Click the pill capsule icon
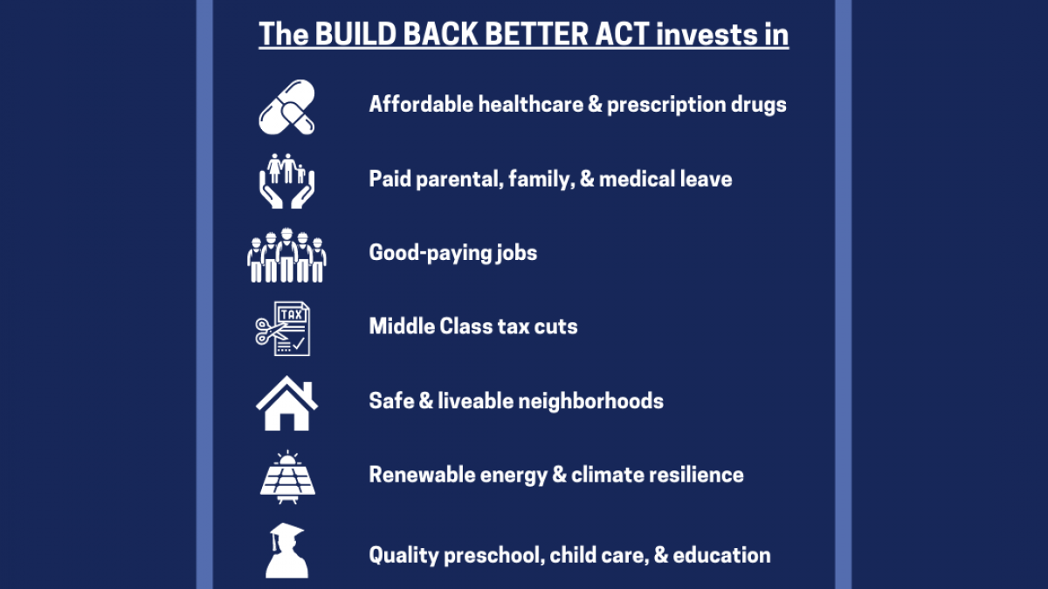point(286,106)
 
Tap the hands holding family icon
point(286,181)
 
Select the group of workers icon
point(286,257)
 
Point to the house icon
point(286,402)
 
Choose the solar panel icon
point(286,477)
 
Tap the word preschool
point(493,556)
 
